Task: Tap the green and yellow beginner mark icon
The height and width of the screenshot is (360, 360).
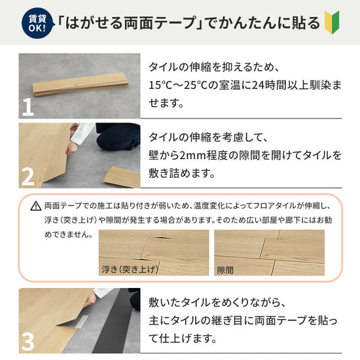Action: (x=333, y=23)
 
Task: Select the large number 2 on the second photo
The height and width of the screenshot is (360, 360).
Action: (x=27, y=177)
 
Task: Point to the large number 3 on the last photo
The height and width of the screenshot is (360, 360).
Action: (x=27, y=342)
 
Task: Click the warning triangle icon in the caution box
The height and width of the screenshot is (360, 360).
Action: (x=35, y=206)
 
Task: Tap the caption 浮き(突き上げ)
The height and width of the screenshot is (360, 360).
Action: (x=128, y=269)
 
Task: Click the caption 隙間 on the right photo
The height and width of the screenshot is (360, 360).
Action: (x=225, y=269)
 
